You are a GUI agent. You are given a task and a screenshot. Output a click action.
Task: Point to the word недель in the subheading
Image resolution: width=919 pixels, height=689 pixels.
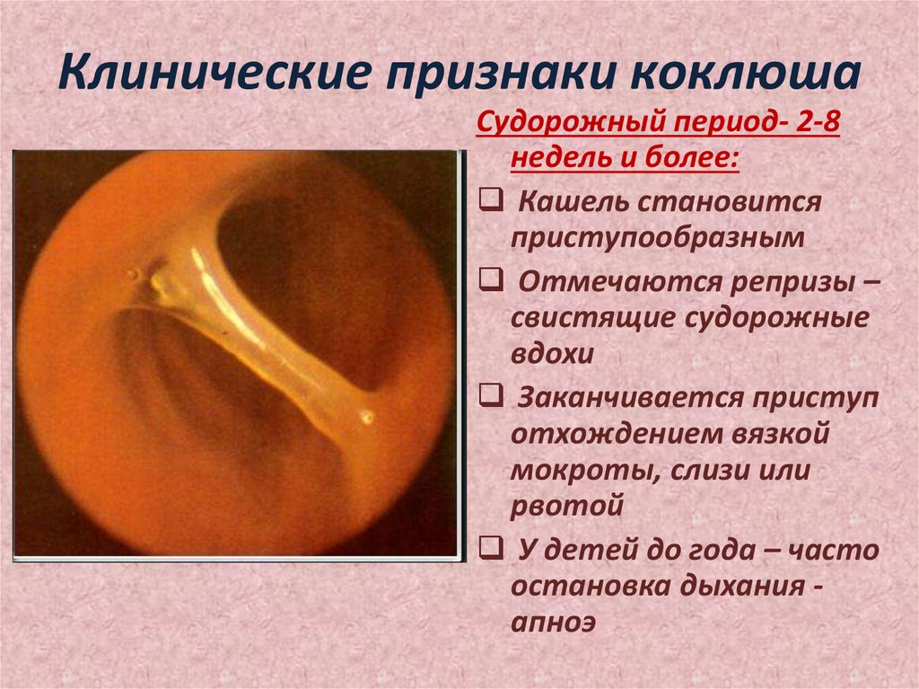(558, 161)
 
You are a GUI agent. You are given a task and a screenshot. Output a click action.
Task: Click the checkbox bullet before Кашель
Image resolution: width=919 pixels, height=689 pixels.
(491, 199)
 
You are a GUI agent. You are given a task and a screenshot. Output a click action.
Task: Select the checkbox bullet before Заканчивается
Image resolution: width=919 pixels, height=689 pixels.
(491, 395)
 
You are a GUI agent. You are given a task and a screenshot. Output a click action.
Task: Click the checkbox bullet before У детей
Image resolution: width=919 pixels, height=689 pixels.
(491, 548)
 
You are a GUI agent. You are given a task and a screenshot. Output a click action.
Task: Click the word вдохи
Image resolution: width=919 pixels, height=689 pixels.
(553, 355)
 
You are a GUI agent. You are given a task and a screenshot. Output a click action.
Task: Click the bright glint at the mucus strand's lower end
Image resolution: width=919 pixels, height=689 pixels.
(367, 417)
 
